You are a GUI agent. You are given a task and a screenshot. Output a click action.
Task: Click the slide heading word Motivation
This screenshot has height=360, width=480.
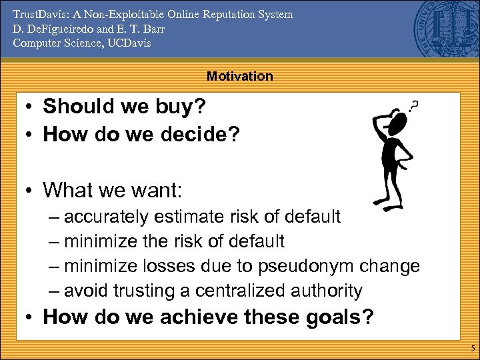[240, 76]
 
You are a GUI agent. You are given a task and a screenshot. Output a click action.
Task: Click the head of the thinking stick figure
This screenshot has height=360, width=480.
[397, 122]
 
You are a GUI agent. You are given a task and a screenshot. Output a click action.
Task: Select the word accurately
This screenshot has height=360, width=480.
[109, 217]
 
